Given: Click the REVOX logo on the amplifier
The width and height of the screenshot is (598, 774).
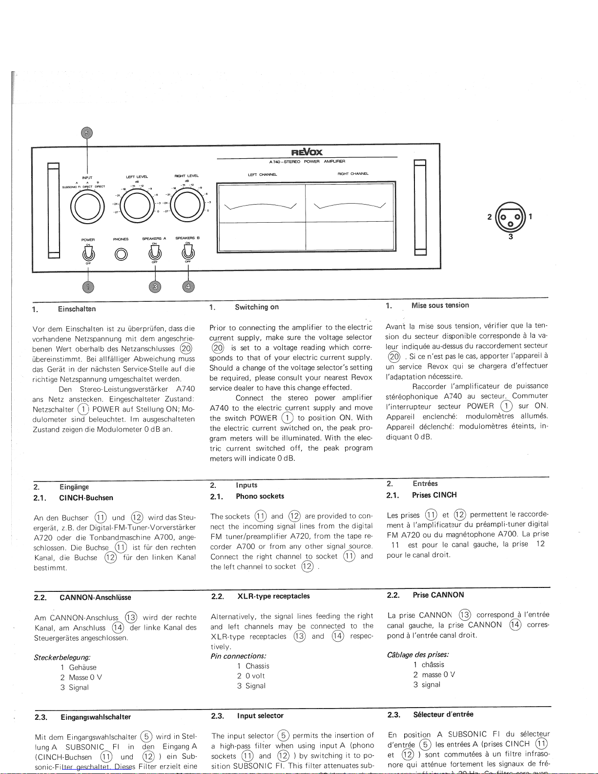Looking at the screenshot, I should coord(307,152).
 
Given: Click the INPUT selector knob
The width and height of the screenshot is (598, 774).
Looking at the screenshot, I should coord(87,204).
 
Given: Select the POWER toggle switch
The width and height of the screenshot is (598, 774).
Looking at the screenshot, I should coord(88,252).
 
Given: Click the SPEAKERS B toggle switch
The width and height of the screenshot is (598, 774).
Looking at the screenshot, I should coord(187,252).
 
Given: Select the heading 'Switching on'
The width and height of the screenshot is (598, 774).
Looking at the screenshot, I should coord(257,307).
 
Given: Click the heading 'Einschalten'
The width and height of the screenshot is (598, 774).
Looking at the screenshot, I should coord(77,309).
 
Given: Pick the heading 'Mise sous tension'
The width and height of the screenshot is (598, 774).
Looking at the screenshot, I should coord(440,305).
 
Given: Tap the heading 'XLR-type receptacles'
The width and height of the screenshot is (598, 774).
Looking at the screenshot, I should coord(273,596).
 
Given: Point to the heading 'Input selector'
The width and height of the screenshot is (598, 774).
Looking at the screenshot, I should coord(260,716).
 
